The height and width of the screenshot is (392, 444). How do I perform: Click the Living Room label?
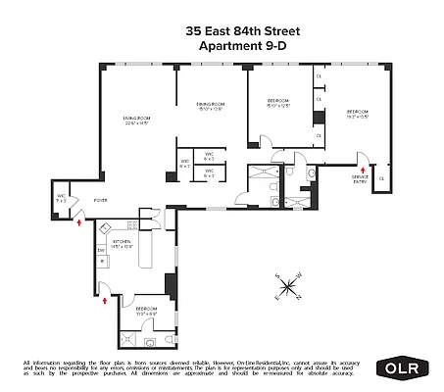click(127, 120)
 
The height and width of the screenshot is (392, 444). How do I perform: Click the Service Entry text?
click(362, 178)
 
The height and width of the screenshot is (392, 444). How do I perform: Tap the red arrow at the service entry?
click(362, 167)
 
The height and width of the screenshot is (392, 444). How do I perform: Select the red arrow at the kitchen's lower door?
click(103, 301)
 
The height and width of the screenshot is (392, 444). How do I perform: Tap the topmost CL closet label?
click(318, 77)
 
